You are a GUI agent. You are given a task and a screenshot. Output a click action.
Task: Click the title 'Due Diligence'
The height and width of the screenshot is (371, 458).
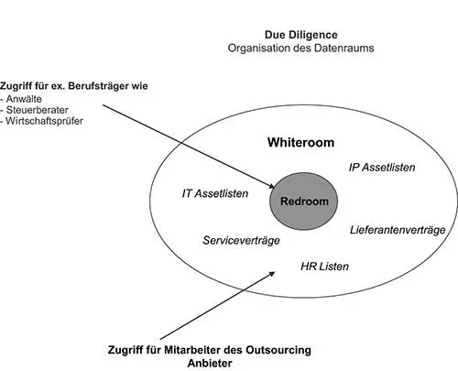point(301,35)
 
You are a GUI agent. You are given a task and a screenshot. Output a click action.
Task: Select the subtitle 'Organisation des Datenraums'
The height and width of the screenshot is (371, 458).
point(300,49)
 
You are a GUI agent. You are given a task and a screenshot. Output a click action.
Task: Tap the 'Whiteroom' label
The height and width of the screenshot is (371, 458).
point(300,143)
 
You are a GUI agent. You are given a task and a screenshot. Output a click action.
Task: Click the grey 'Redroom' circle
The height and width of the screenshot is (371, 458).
point(304,202)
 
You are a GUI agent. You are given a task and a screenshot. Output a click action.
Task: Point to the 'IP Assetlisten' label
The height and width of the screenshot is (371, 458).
point(382,168)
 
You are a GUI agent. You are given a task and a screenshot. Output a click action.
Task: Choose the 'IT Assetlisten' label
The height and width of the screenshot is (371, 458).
point(215,193)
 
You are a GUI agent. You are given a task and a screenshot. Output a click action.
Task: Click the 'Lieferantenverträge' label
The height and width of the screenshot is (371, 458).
point(398,230)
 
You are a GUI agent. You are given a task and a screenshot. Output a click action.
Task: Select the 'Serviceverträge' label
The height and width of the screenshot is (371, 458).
point(241,240)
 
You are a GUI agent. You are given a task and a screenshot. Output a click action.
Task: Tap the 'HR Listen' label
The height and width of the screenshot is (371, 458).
point(324,267)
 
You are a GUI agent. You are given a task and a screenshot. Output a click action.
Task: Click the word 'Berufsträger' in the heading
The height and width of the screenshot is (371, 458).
point(99,86)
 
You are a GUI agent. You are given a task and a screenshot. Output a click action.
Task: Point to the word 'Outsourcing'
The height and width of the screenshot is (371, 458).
point(278,350)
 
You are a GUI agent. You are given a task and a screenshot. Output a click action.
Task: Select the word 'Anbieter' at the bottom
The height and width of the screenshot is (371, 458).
point(210,364)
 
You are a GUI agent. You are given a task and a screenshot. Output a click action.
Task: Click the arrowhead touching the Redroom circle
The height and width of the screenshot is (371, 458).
point(272,186)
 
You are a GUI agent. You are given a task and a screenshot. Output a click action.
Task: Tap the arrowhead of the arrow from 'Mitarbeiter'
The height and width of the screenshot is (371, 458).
point(271,274)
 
